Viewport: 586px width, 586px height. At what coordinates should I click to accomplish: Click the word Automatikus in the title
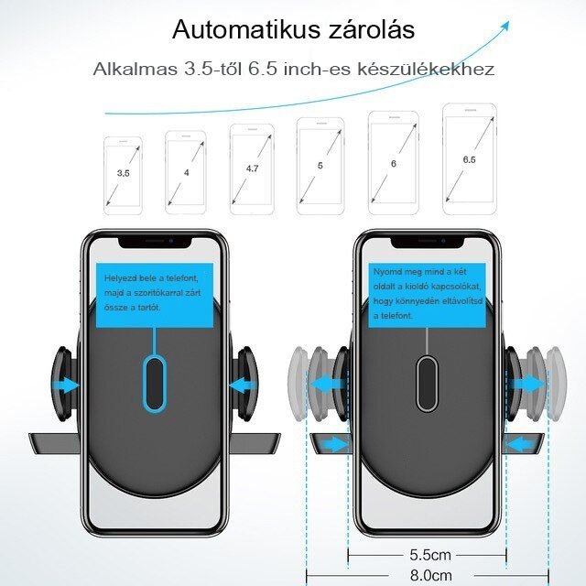tap(246, 29)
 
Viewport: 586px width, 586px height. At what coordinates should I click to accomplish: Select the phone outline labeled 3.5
tap(123, 176)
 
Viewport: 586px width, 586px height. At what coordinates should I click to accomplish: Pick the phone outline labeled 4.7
tap(252, 169)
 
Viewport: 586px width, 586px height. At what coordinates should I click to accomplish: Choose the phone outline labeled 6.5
tap(470, 158)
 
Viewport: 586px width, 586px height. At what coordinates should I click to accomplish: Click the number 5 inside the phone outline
tap(320, 166)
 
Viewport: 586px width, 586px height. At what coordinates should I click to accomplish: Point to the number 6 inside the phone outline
tap(394, 164)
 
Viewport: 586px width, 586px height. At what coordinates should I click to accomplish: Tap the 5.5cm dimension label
tap(430, 555)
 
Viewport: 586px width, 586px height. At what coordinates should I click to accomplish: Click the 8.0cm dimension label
tap(431, 575)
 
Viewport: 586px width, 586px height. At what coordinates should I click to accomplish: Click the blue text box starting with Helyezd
tap(155, 295)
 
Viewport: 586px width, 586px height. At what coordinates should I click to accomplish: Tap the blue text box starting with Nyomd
tap(427, 295)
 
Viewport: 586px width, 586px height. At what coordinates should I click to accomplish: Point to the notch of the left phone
tap(155, 243)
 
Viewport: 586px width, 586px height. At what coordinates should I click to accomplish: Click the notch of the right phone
tap(428, 243)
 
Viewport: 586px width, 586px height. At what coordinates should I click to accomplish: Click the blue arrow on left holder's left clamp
tap(66, 385)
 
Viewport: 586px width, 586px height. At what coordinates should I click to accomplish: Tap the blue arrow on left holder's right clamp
tap(242, 385)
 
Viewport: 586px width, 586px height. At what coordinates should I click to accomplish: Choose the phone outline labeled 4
tap(186, 173)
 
